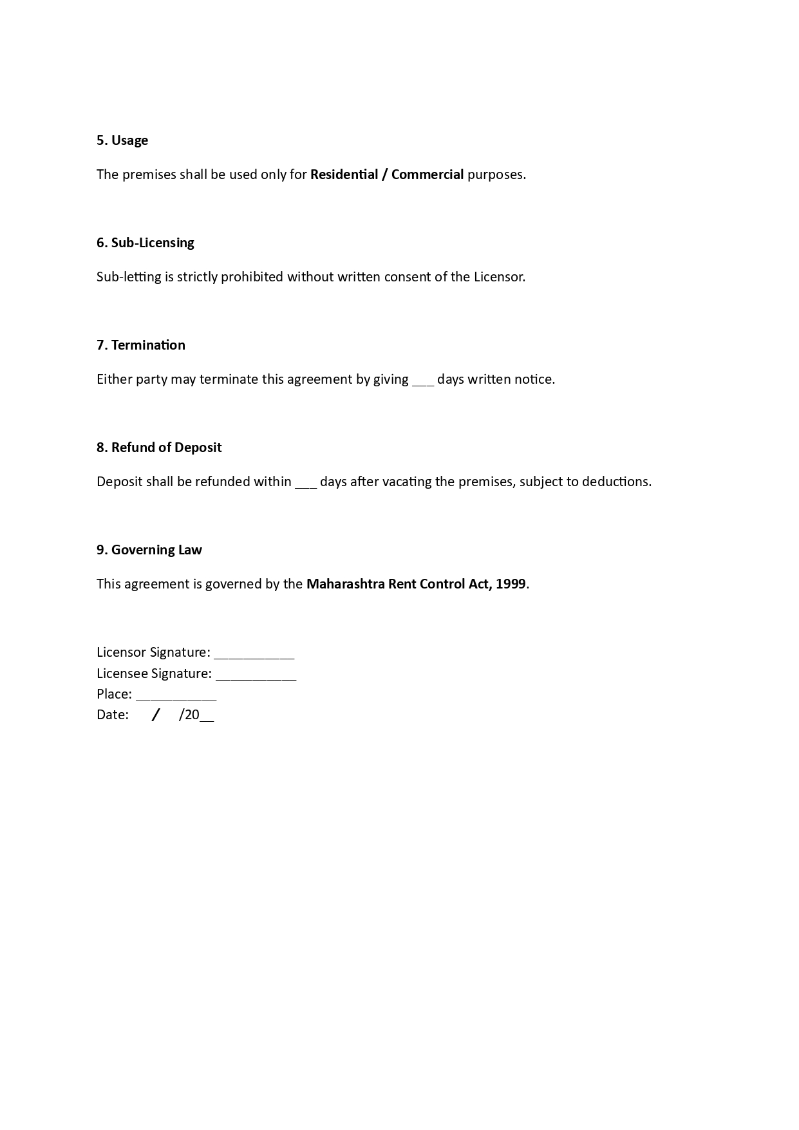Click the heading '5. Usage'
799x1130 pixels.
coord(122,140)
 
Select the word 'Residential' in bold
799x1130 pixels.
coord(344,174)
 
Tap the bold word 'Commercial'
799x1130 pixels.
coord(428,174)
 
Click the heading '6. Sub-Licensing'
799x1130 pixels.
coord(146,243)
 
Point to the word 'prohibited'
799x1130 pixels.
coord(252,277)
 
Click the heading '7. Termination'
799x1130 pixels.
coord(141,345)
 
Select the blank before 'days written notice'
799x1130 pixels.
coord(423,381)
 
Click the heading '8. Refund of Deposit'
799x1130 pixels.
coord(159,447)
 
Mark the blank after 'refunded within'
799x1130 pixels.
coord(306,483)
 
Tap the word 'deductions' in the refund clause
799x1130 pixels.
coord(615,482)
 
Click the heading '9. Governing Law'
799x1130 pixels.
coord(149,550)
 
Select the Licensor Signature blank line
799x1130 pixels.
coord(254,654)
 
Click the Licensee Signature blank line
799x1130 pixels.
coord(256,675)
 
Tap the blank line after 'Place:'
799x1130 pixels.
coord(176,696)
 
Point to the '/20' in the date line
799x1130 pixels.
coord(189,715)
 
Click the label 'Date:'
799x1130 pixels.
coord(113,715)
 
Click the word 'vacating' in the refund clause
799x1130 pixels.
coord(407,482)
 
